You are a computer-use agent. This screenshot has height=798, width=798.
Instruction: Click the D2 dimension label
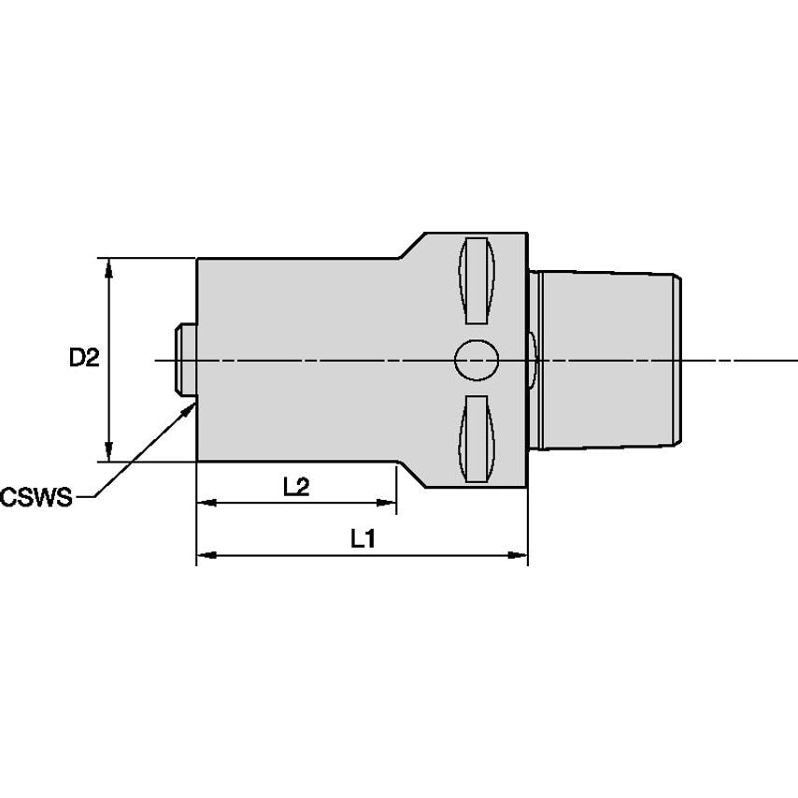tap(83, 357)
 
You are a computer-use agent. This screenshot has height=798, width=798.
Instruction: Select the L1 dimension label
tap(363, 538)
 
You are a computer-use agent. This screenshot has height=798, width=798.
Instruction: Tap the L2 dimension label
tap(296, 487)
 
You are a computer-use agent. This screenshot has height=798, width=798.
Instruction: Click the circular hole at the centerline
tap(477, 360)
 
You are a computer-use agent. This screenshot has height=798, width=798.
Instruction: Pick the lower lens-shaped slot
tap(477, 438)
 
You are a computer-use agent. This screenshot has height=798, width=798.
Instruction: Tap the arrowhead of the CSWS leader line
tap(189, 407)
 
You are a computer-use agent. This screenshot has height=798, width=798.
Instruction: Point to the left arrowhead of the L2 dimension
tap(205, 503)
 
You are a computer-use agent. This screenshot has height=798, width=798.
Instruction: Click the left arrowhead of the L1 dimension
tap(205, 555)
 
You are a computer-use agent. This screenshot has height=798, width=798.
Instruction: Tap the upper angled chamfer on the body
tap(412, 246)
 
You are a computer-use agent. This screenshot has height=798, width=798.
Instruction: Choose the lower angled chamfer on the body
tap(412, 474)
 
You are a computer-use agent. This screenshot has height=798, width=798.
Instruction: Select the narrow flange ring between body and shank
tap(534, 360)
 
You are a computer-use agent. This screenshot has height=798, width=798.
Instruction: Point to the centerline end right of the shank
tap(790, 360)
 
